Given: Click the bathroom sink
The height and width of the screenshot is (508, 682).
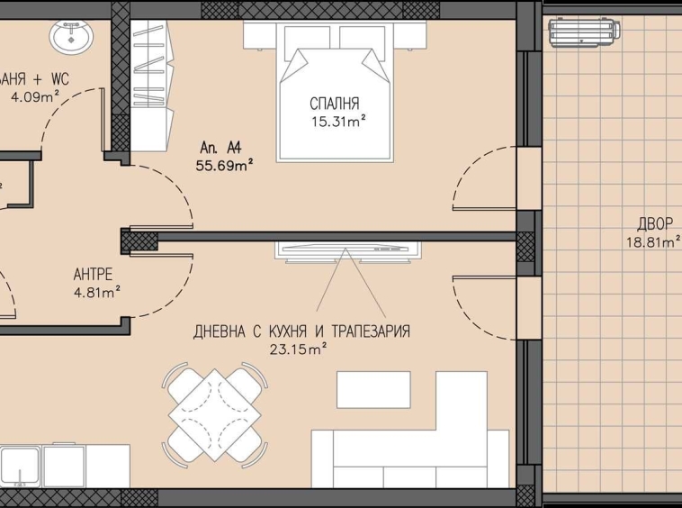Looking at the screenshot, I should tap(70, 38).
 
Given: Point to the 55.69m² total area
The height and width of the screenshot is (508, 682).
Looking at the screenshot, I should tap(224, 164).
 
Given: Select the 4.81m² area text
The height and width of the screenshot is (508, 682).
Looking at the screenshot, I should tap(96, 291).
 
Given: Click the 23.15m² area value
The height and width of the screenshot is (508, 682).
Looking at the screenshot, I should tap(298, 348).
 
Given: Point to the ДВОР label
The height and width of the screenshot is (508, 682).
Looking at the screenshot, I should tap(654, 224).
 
